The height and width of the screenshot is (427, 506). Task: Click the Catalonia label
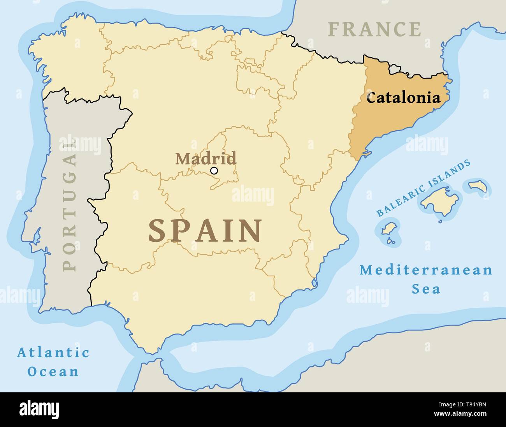[x=403, y=98]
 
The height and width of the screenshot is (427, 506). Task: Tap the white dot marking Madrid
[x=214, y=170]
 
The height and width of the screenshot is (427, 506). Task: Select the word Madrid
[x=206, y=158]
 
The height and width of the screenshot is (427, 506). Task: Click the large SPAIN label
[x=205, y=231]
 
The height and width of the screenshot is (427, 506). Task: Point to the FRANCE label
[x=374, y=30]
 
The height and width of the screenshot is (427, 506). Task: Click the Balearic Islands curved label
[x=423, y=188]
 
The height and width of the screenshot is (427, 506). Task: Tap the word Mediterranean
[x=426, y=270]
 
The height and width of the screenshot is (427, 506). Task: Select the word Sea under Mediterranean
[x=426, y=289]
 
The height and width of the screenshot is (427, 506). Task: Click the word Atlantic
[x=53, y=353]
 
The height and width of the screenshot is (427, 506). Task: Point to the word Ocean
[x=53, y=372]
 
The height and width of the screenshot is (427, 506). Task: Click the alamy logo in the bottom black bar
[x=39, y=409]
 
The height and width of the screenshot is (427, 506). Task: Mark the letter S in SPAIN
[x=158, y=231]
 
